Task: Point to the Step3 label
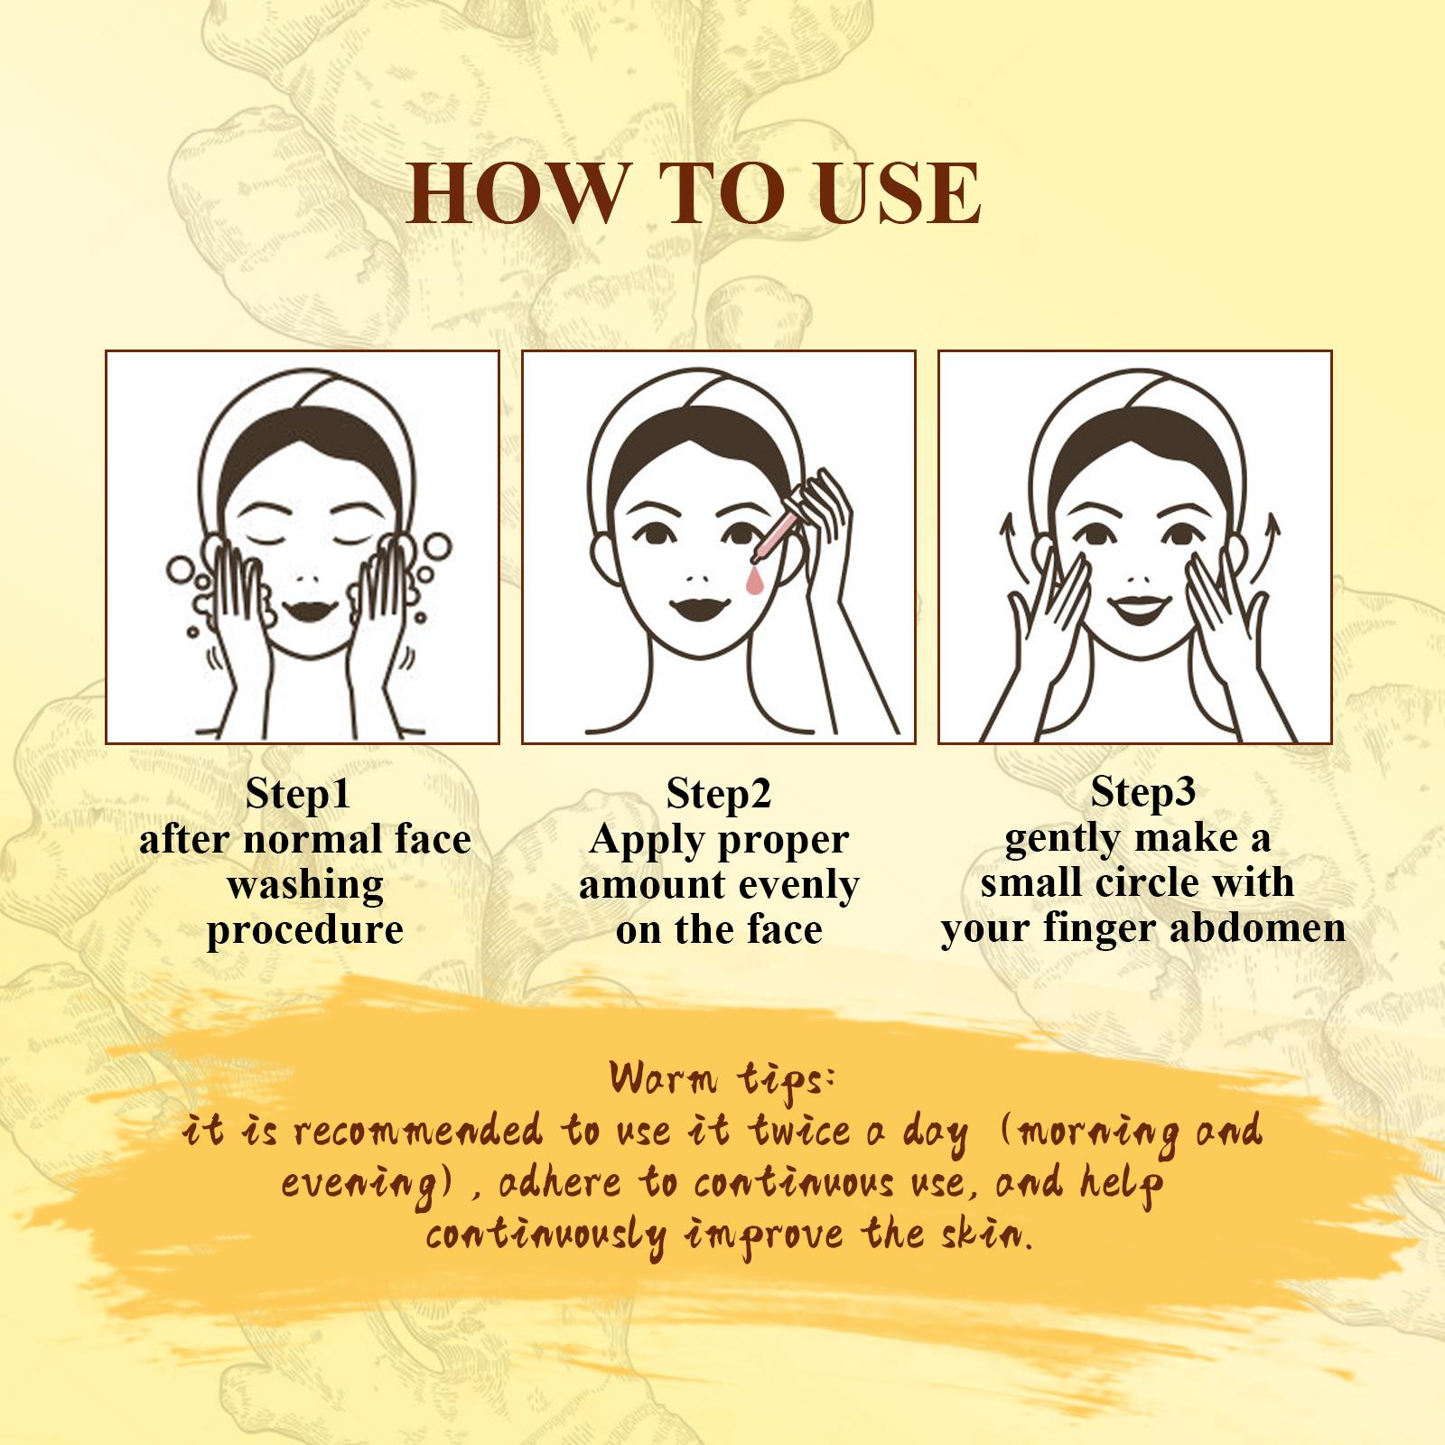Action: point(1143,793)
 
